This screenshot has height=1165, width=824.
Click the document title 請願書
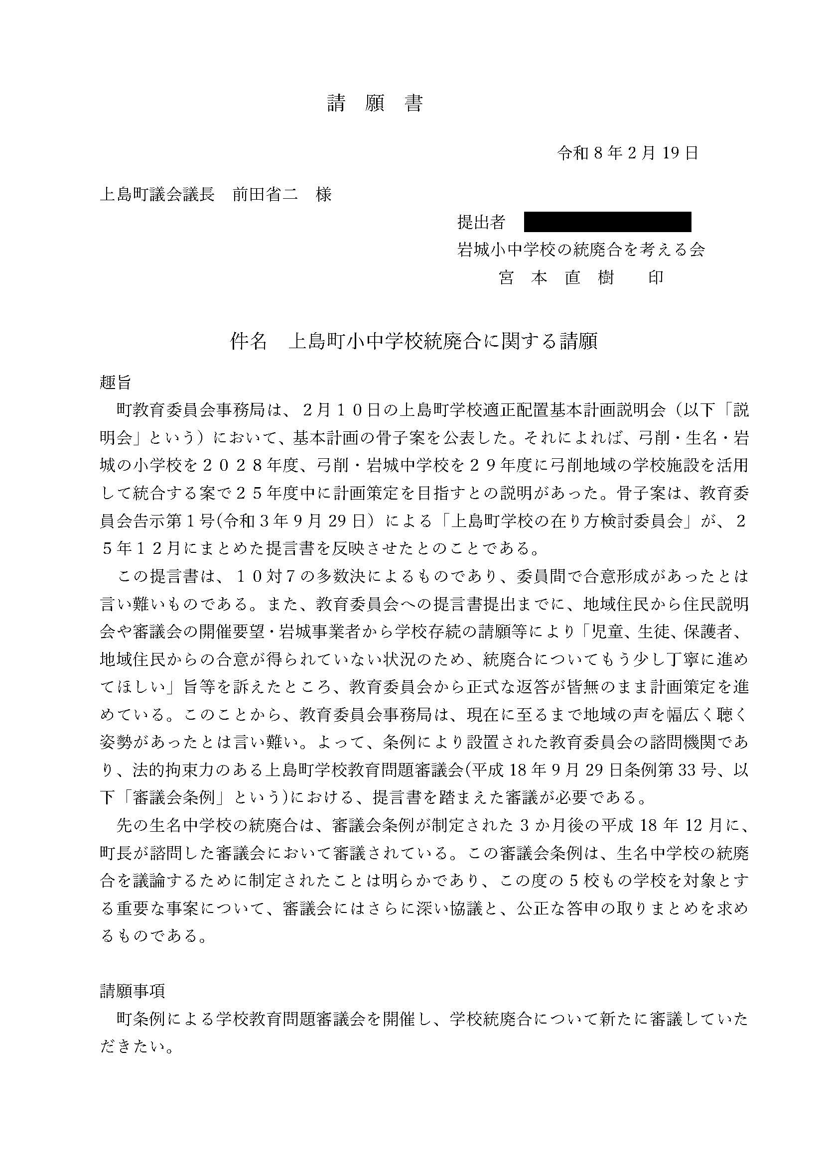click(x=375, y=104)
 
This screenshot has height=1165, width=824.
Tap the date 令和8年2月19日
click(x=628, y=153)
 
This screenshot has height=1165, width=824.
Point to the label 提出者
click(x=481, y=222)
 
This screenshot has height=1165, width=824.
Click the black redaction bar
click(x=607, y=222)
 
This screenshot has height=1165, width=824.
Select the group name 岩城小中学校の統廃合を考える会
click(x=581, y=249)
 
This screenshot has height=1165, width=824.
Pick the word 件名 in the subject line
click(x=248, y=342)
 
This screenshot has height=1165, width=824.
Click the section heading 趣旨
click(x=116, y=383)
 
